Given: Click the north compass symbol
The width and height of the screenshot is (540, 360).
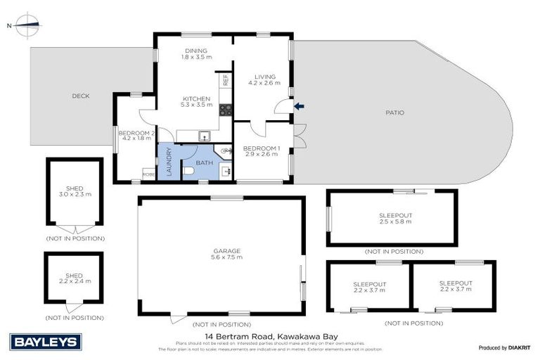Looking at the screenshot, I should tap(25, 25).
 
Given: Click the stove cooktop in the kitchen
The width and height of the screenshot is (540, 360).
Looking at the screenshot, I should tap(226, 109).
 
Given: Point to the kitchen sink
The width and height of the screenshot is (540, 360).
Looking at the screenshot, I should tap(203, 136).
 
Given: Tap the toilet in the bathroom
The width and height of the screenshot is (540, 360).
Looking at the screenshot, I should tap(186, 171).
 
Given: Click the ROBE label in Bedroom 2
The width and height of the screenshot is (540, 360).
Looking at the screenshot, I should tap(148, 174).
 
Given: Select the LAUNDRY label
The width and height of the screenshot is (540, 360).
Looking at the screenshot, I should tap(168, 163).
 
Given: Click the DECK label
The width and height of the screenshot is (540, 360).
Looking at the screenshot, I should tap(81, 96).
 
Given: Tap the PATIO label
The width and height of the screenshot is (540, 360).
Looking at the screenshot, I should tap(394, 112).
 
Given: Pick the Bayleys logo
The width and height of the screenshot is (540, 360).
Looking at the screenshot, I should tap(46, 342).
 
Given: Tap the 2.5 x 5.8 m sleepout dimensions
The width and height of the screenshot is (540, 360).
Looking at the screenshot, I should tap(395, 221).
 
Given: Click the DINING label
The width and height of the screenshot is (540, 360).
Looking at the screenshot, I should tap(195, 51).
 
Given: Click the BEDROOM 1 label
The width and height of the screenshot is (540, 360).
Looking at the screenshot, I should tap(262, 148).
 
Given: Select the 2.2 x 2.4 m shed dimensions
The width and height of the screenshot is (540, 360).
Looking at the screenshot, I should tap(74, 281).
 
